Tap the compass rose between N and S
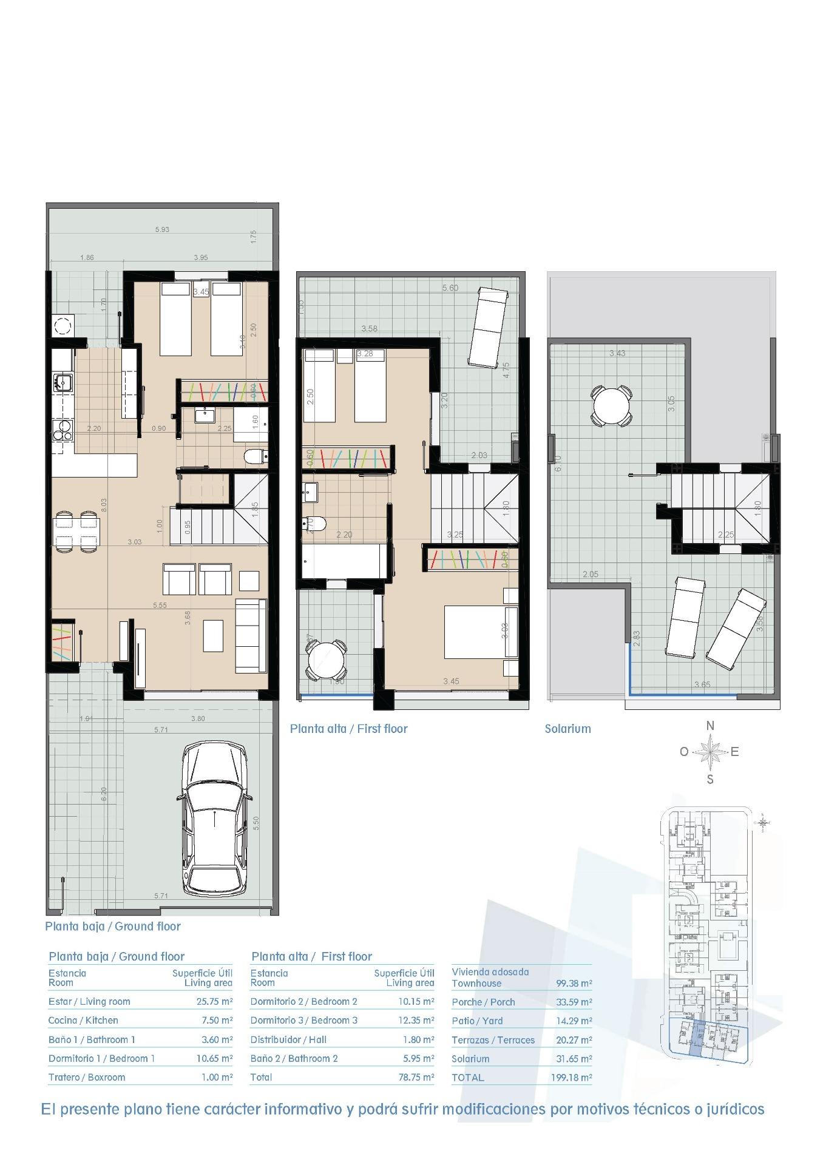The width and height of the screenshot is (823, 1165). point(710,752)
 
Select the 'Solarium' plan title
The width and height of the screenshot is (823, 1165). point(567,729)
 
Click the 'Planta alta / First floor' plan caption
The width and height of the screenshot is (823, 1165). point(348,729)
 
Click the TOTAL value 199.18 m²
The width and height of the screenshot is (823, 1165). point(574,1078)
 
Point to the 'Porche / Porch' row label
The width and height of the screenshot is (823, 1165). point(483,1002)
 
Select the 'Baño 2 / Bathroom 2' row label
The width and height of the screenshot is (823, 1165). point(294,1058)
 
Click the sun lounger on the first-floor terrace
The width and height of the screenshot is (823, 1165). point(487,326)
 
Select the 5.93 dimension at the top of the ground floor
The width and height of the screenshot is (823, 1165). point(161,229)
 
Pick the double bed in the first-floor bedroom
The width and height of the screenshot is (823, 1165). point(479,632)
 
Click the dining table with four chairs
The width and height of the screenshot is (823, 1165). point(74,531)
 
